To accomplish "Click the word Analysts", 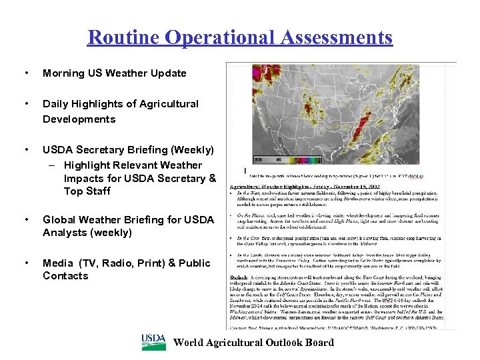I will pyautogui.click(x=66, y=233).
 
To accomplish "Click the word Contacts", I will pyautogui.click(x=65, y=276).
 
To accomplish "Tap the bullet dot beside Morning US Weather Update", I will pyautogui.click(x=25, y=73).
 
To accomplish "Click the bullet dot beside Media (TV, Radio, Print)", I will pyautogui.click(x=25, y=263).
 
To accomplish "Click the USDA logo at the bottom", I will pyautogui.click(x=153, y=342).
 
